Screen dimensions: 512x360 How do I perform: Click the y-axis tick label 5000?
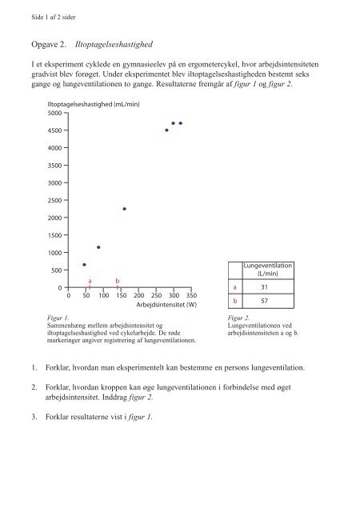[x=56, y=113]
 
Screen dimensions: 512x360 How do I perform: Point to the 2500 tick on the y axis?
[x=56, y=200]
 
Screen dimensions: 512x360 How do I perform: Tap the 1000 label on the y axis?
[x=56, y=253]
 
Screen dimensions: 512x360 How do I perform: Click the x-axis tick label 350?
[x=191, y=295]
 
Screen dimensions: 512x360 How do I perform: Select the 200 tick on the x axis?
[x=138, y=295]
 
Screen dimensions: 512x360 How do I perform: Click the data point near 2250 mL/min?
[x=124, y=209]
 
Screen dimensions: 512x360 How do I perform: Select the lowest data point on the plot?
[x=84, y=265]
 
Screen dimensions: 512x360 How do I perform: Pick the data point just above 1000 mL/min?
[x=98, y=247]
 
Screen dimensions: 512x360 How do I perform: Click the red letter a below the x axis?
[x=90, y=281]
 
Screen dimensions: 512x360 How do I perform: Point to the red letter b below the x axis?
[x=118, y=281]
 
